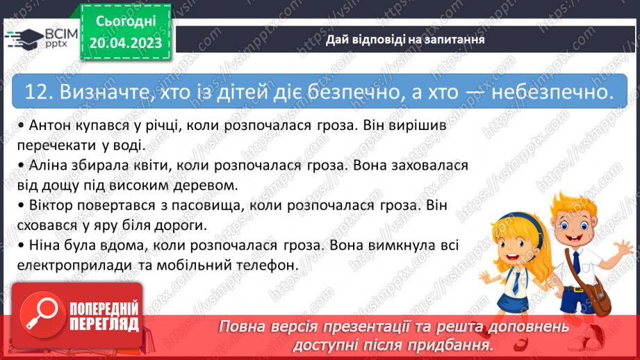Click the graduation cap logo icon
[24, 36]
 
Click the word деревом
[208, 186]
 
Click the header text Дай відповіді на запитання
[405, 40]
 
